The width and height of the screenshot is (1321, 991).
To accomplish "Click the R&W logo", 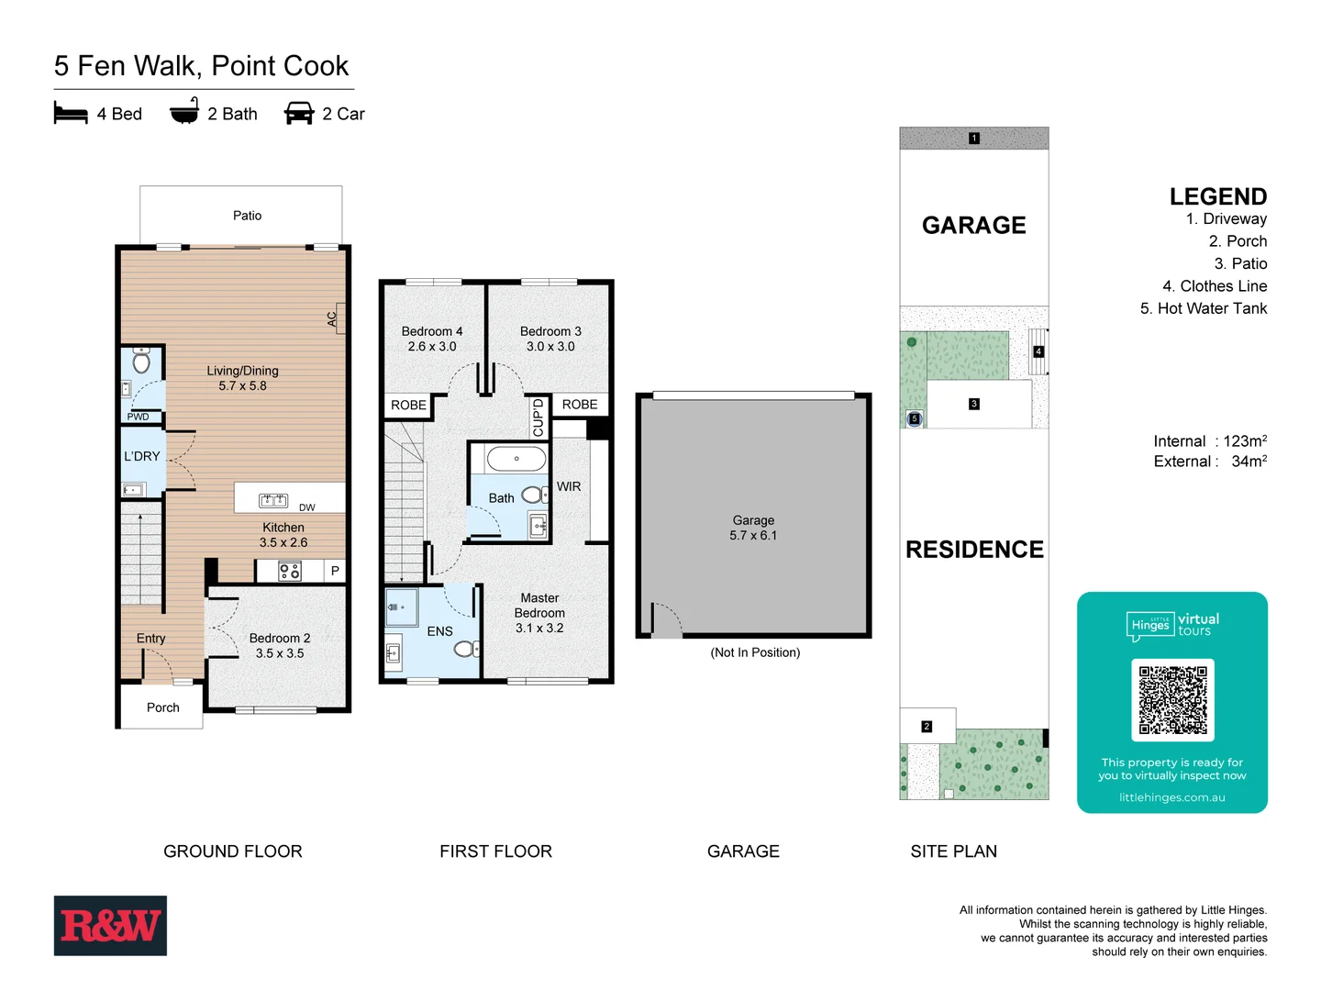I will click(110, 925).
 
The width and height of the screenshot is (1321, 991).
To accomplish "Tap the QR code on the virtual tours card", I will click(1172, 699).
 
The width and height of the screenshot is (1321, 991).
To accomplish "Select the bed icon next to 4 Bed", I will click(71, 113).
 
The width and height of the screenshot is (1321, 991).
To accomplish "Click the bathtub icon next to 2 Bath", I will click(184, 112).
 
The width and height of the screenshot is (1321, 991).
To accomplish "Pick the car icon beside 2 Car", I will click(299, 113).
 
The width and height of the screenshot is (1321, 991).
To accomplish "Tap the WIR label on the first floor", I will click(569, 486).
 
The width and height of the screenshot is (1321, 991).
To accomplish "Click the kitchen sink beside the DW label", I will click(273, 500).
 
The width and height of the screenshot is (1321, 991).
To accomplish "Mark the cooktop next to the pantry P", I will click(290, 572).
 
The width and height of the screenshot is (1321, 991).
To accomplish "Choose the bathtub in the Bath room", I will click(516, 458).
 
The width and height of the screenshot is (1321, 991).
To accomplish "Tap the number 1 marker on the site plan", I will click(974, 139).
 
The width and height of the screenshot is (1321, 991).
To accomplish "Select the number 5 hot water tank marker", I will click(914, 418).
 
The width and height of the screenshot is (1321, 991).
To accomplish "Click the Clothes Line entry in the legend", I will click(1215, 286).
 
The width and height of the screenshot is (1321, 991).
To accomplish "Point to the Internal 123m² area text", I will click(1210, 441).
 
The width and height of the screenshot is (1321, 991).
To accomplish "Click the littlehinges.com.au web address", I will click(1171, 797).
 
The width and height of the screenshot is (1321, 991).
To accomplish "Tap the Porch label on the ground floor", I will click(163, 707).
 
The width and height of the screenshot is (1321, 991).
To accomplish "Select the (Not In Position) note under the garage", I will click(755, 652).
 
